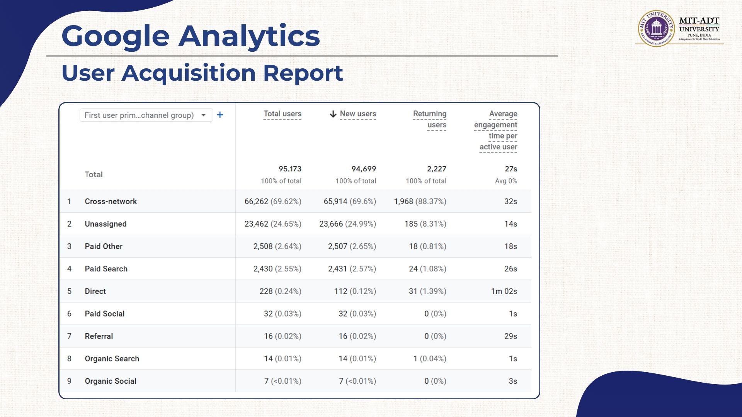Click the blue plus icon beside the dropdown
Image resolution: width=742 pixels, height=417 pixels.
[220, 115]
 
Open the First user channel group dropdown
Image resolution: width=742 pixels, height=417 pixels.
[146, 115]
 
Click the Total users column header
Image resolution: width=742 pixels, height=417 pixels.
[282, 114]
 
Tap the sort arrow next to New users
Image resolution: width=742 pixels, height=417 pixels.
[333, 114]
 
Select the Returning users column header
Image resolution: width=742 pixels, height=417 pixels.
[430, 119]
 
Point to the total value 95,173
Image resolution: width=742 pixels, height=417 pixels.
[290, 169]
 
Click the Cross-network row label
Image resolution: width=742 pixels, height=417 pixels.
[111, 202]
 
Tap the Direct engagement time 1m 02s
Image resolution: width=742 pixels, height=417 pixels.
[504, 291]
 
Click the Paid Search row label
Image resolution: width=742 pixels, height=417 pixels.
[106, 269]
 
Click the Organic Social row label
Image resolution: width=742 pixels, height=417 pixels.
[111, 381]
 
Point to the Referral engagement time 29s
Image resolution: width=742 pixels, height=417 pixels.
[511, 336]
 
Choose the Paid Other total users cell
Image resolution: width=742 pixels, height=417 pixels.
[277, 246]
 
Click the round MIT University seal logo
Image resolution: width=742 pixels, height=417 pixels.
[656, 28]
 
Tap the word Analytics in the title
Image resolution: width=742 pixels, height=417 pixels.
[249, 36]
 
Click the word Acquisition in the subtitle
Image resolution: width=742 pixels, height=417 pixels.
[189, 73]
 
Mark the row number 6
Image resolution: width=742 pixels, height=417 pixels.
[69, 314]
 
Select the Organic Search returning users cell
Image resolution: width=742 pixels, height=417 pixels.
[430, 359]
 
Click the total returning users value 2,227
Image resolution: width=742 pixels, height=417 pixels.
[436, 169]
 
